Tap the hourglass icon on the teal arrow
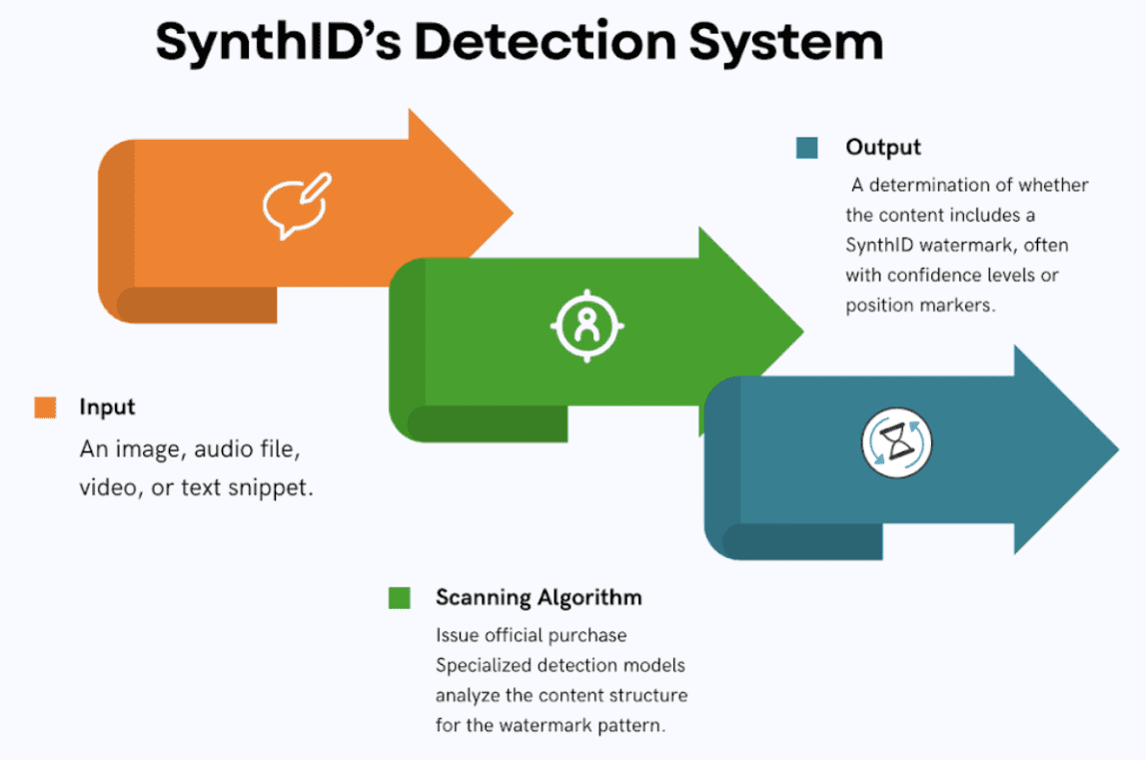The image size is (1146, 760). pos(896,441)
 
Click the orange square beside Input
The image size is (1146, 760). pos(45,407)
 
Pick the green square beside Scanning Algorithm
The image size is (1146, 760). pos(400,598)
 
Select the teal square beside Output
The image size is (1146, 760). pos(807,148)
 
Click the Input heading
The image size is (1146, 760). pos(107,407)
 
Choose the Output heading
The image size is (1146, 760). pos(883,147)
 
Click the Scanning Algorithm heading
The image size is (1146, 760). pos(539,598)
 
